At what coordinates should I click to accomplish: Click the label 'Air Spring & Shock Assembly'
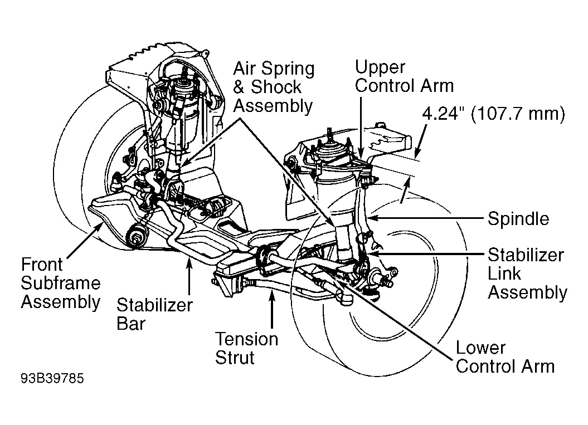point(274,87)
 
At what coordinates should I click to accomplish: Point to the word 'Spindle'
point(518,218)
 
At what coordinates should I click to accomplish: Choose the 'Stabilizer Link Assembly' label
point(527,273)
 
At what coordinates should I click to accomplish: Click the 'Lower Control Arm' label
point(505,357)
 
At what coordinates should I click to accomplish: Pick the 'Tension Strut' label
point(246,348)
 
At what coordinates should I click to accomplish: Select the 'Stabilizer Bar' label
point(154,314)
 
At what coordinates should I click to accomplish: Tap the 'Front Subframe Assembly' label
point(60,283)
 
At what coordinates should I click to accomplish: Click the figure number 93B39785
point(52,378)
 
